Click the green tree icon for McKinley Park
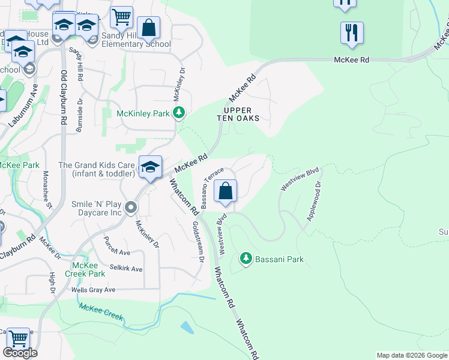click(x=178, y=113)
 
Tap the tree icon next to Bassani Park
click(x=246, y=259)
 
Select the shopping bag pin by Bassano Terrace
click(x=225, y=191)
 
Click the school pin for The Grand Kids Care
click(x=149, y=167)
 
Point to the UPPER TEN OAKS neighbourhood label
click(x=238, y=115)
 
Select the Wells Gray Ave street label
click(x=93, y=290)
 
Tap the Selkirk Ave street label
click(x=126, y=268)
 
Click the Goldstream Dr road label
click(x=197, y=242)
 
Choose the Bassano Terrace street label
click(x=212, y=188)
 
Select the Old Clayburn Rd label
click(x=63, y=97)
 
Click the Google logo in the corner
click(x=20, y=353)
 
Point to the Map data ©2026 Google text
click(x=411, y=355)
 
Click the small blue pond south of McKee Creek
click(x=187, y=328)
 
